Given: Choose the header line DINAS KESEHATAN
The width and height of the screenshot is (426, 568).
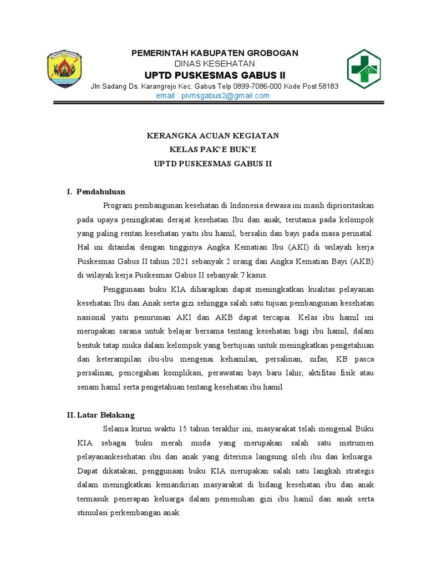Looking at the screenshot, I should pyautogui.click(x=214, y=64).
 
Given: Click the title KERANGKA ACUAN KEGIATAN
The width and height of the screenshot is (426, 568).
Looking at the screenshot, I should pyautogui.click(x=214, y=136).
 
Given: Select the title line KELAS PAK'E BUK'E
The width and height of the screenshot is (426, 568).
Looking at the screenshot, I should pyautogui.click(x=214, y=150).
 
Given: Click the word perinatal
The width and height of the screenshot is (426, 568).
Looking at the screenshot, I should pyautogui.click(x=358, y=233).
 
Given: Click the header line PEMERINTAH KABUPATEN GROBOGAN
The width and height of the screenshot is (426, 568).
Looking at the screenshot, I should pyautogui.click(x=214, y=53).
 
